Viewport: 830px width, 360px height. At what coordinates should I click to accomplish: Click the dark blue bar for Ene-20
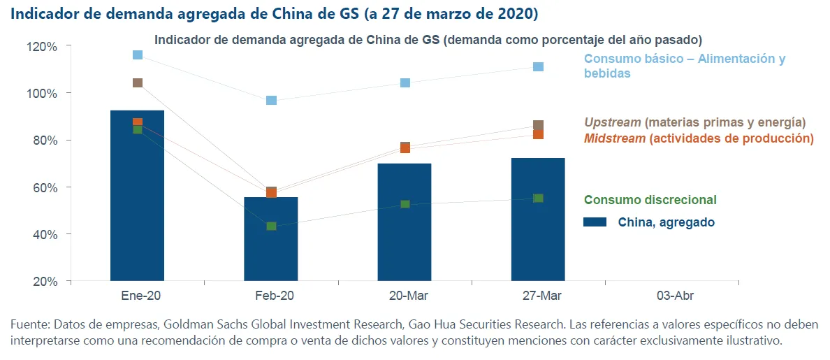click(137, 203)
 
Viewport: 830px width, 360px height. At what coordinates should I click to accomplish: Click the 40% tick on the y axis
click(45, 234)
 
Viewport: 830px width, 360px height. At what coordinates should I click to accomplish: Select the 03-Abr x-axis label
click(675, 296)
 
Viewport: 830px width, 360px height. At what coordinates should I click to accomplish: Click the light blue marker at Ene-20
click(138, 55)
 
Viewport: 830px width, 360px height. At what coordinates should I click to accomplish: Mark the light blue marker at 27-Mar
click(538, 66)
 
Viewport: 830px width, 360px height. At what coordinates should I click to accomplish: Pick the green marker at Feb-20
click(271, 226)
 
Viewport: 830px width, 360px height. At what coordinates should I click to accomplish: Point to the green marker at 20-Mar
click(405, 204)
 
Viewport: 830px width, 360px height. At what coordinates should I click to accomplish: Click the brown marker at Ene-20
click(138, 82)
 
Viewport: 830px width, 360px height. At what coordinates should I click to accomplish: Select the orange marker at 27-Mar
click(538, 134)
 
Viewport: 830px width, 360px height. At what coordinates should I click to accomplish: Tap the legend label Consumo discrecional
click(650, 200)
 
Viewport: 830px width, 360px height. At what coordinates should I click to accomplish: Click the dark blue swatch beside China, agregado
click(595, 222)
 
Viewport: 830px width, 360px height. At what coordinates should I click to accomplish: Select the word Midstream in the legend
click(615, 138)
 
